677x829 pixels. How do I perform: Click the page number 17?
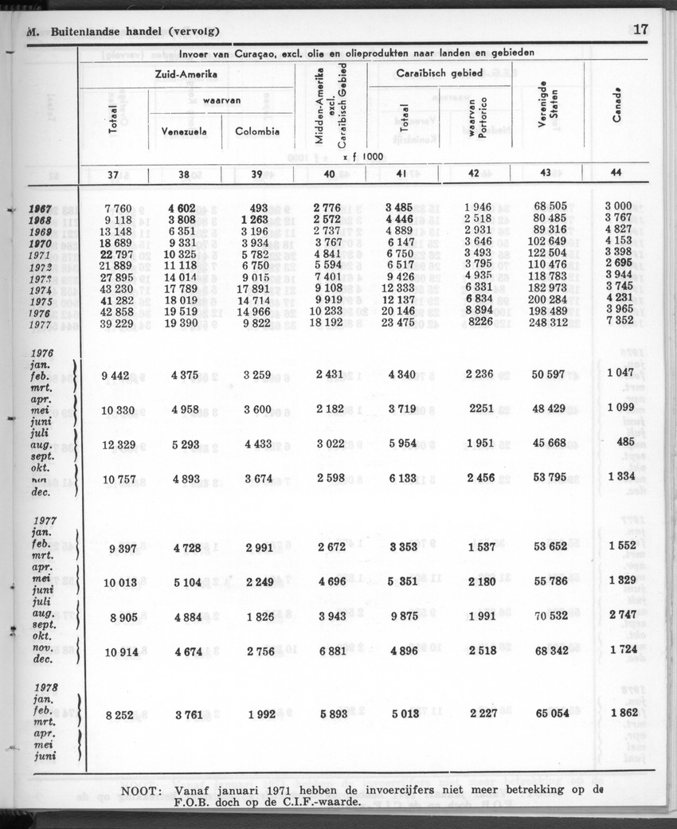[x=642, y=30]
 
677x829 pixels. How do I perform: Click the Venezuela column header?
[x=185, y=132]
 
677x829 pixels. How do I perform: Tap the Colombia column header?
[x=257, y=132]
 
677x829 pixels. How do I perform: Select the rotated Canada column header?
[x=616, y=104]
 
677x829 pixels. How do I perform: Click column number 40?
[x=327, y=174]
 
